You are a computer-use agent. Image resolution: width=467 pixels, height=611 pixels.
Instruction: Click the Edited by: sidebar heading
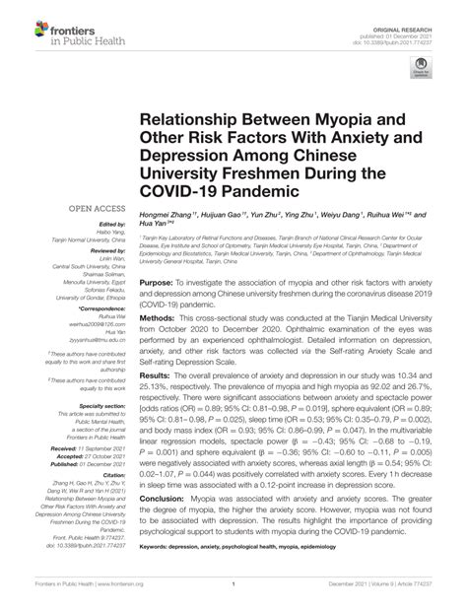[98, 225]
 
